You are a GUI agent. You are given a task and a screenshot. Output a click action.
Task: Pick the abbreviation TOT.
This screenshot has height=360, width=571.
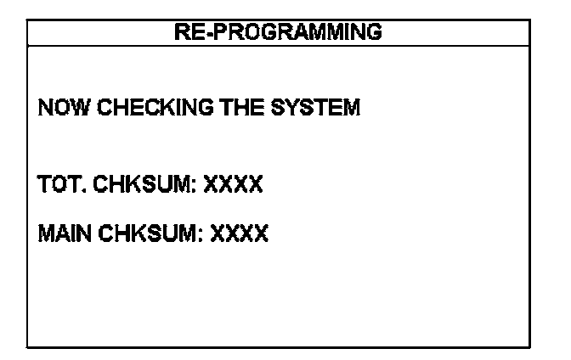[x=59, y=184]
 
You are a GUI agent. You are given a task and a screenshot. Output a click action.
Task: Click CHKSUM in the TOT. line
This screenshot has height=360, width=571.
[x=140, y=184]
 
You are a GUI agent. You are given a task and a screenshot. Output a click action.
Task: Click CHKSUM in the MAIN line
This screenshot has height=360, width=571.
[x=144, y=233]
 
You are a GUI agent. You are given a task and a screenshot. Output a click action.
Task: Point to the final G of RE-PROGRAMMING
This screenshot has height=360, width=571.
[x=373, y=33]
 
